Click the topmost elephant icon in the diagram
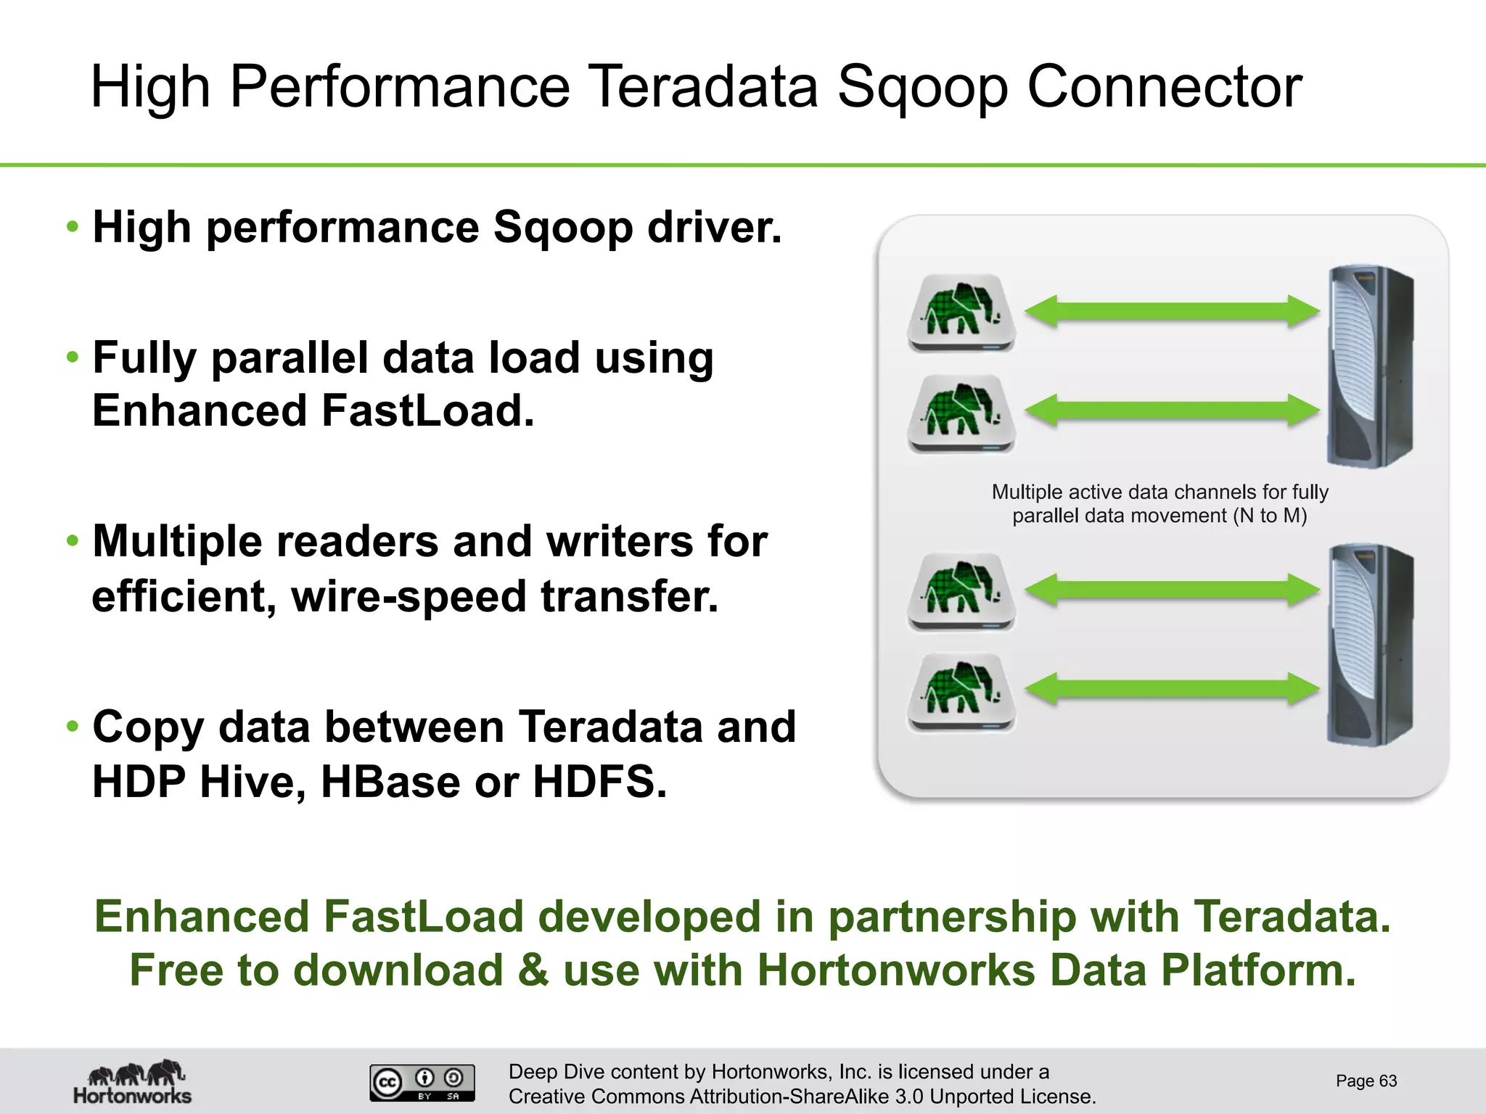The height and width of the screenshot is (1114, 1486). [961, 311]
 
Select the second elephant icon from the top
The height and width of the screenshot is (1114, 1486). [961, 412]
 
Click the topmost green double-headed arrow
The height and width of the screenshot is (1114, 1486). [1171, 311]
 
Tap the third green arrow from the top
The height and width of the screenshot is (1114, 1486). [1171, 589]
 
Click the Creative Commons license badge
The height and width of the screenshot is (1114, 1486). [422, 1082]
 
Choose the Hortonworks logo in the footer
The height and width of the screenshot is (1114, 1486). [133, 1081]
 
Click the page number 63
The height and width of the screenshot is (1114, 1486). [1366, 1081]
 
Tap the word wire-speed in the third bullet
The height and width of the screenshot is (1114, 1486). [409, 597]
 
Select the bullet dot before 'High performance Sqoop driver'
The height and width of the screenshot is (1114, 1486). [72, 227]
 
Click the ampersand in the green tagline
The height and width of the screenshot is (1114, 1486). [533, 970]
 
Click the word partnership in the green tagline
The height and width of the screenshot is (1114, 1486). [952, 917]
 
